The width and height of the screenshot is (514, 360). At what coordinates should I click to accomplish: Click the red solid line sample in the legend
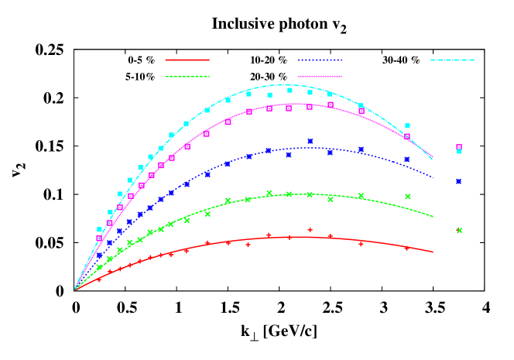[187, 60]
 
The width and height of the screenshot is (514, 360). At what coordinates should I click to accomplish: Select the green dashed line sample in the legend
[187, 77]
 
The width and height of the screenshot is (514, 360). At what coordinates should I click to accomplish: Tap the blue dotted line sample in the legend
[320, 60]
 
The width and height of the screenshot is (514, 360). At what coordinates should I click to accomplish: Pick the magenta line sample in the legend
[320, 77]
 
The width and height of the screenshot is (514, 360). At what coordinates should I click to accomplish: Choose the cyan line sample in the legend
[452, 60]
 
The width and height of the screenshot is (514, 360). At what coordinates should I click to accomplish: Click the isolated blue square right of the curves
[459, 181]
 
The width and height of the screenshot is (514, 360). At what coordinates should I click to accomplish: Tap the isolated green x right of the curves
[459, 231]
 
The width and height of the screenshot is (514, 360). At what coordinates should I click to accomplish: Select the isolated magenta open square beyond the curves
[459, 146]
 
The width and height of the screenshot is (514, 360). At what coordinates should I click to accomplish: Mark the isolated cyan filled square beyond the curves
[459, 152]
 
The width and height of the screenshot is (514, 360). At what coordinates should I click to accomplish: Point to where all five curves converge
[75, 290]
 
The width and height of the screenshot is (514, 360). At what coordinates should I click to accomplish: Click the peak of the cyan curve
[285, 84]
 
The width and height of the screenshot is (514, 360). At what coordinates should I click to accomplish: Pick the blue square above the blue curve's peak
[310, 141]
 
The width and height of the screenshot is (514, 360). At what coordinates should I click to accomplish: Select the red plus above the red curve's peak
[310, 230]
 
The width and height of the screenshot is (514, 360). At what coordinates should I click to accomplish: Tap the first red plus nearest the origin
[99, 279]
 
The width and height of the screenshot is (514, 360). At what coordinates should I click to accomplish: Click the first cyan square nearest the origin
[99, 230]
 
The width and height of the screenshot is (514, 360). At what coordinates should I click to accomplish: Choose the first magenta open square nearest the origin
[99, 238]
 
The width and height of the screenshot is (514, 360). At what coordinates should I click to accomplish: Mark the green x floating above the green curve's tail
[407, 197]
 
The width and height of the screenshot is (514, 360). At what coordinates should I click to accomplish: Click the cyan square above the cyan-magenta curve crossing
[407, 125]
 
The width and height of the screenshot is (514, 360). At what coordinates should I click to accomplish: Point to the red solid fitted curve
[232, 241]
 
